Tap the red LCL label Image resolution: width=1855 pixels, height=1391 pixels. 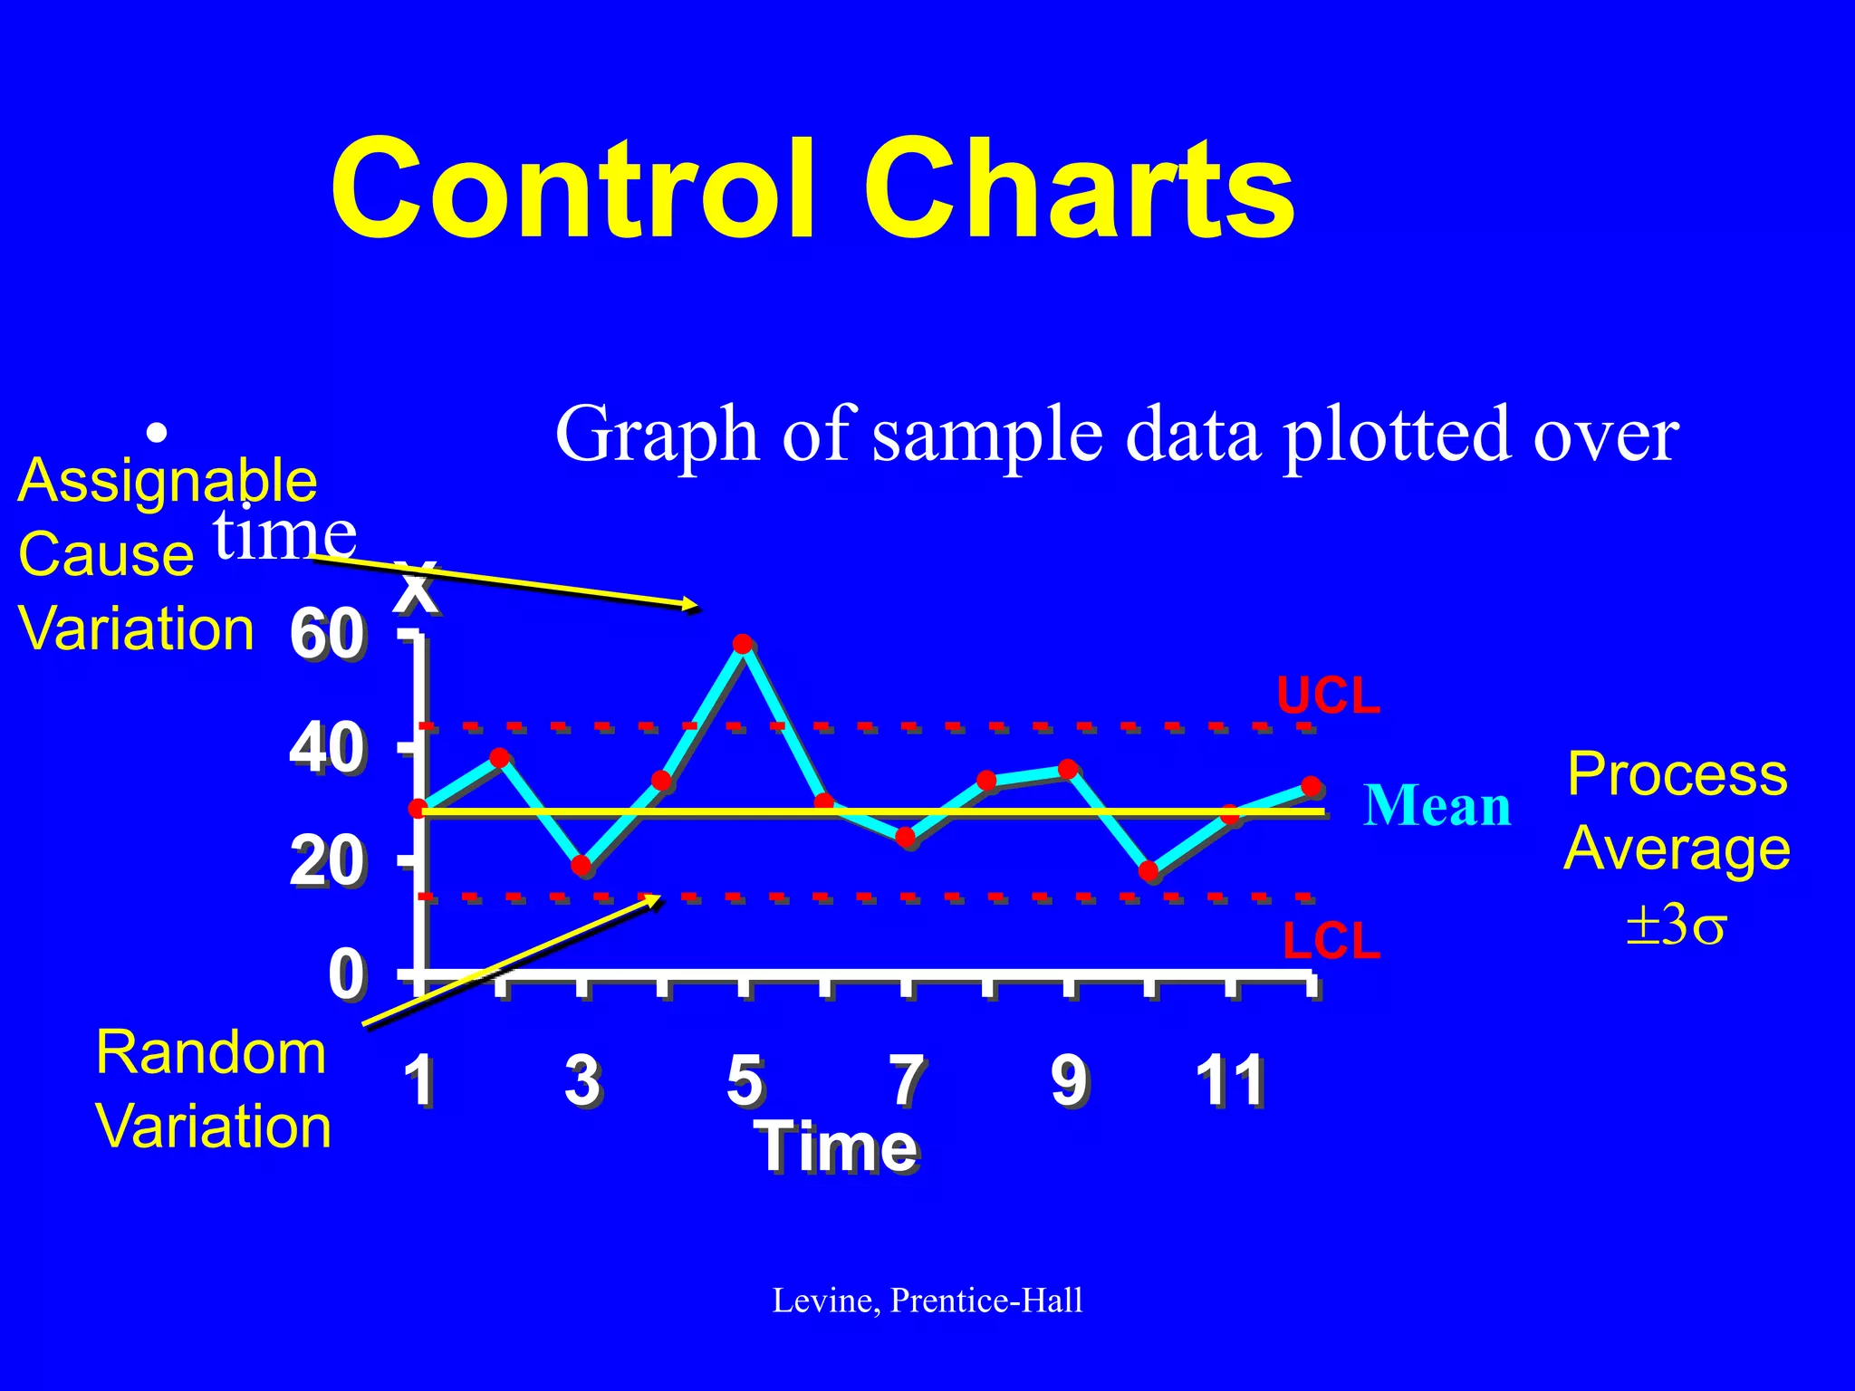(x=1331, y=942)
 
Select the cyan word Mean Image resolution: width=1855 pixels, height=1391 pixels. (x=1437, y=805)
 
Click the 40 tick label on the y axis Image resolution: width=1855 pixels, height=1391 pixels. (x=327, y=749)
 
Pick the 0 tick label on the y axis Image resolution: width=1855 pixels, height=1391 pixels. (x=346, y=975)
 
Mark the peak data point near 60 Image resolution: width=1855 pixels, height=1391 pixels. (x=743, y=644)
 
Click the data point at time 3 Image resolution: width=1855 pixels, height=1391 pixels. (x=581, y=866)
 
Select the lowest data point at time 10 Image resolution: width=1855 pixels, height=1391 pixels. (x=1149, y=871)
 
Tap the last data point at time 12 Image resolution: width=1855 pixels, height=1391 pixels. (x=1311, y=786)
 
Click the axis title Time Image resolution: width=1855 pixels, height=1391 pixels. (x=838, y=1146)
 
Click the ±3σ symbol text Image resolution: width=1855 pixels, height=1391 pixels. (x=1676, y=926)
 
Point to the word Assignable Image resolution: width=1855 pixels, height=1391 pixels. (x=168, y=480)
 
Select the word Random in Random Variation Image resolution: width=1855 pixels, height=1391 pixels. (x=210, y=1053)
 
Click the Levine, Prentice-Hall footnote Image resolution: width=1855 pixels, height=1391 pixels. (x=927, y=1300)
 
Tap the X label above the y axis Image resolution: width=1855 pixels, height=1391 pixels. (x=418, y=589)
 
